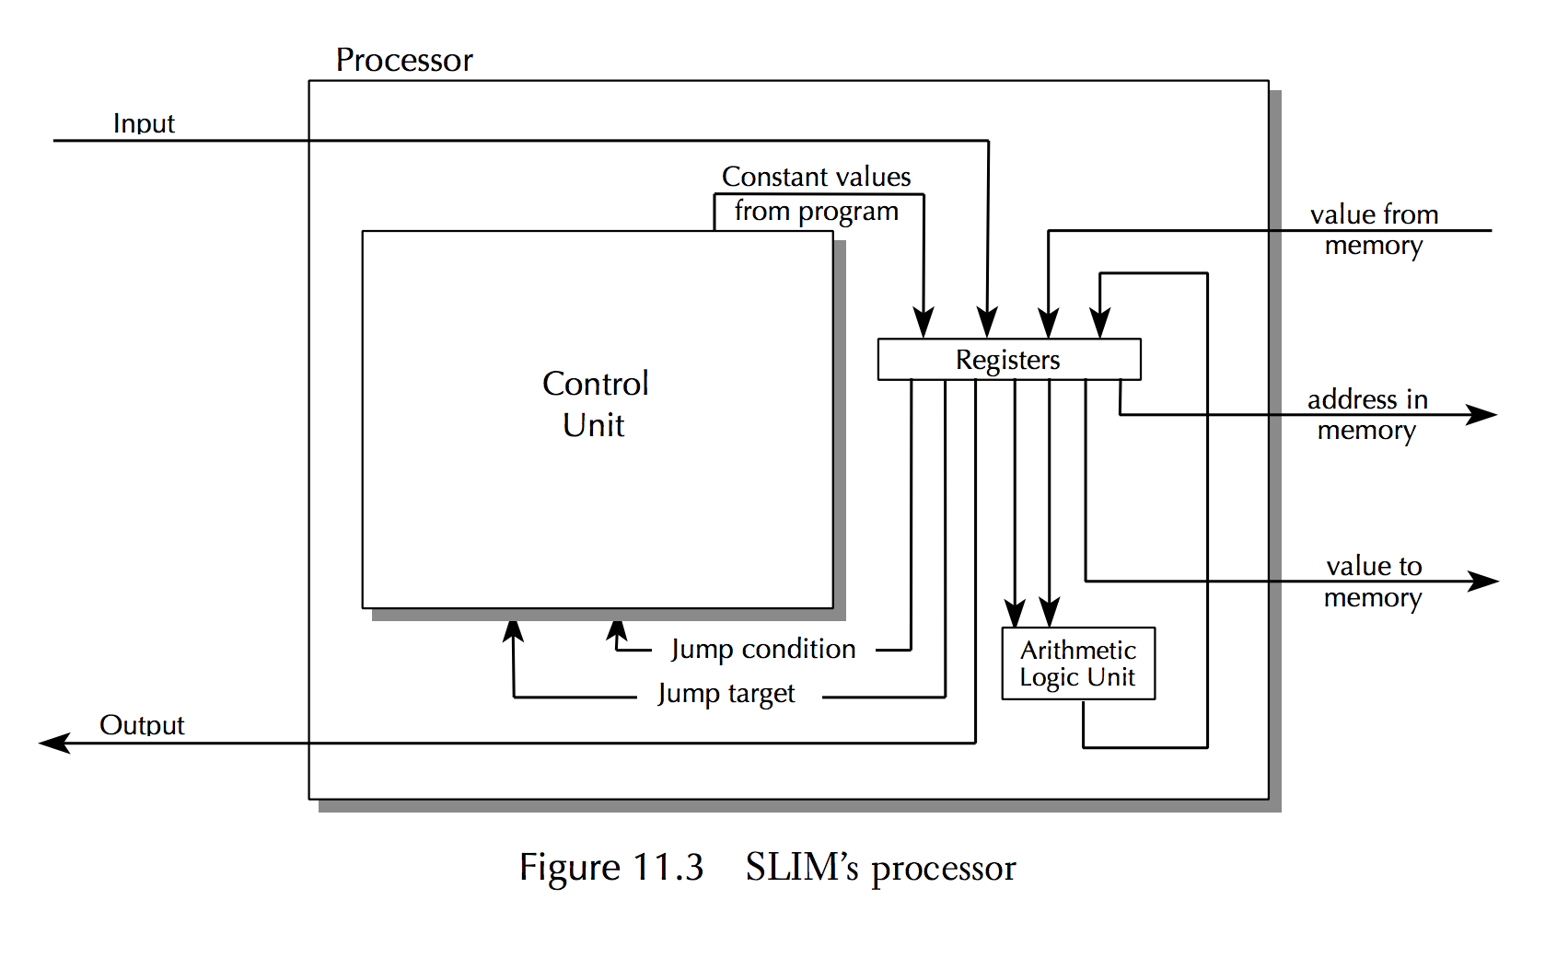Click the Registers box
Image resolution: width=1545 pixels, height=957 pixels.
click(x=1008, y=359)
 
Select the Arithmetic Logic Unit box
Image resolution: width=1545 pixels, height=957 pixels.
click(x=1077, y=663)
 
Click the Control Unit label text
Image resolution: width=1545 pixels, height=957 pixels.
click(x=596, y=404)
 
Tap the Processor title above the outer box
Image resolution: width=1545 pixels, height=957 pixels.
click(x=404, y=60)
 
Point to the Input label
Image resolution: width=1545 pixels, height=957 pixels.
click(x=144, y=123)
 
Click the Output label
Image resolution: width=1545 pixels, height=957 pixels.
click(x=142, y=725)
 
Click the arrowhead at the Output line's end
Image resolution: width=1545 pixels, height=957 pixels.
click(x=53, y=743)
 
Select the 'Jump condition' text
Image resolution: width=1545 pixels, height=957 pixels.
click(x=763, y=649)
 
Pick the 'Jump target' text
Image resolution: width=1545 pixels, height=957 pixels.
click(x=726, y=693)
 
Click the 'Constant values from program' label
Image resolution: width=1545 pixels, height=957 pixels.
click(x=817, y=193)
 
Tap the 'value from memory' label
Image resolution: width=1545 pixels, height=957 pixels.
click(x=1374, y=229)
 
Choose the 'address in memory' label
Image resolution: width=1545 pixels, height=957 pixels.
click(x=1367, y=414)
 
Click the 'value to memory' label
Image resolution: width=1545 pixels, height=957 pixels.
click(x=1374, y=582)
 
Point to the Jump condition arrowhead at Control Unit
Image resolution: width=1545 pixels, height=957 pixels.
click(x=617, y=630)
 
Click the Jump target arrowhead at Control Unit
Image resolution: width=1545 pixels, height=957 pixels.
click(x=513, y=630)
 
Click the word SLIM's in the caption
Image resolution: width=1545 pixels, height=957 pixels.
click(x=801, y=868)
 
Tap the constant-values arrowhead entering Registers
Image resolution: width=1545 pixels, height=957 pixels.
click(x=924, y=324)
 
